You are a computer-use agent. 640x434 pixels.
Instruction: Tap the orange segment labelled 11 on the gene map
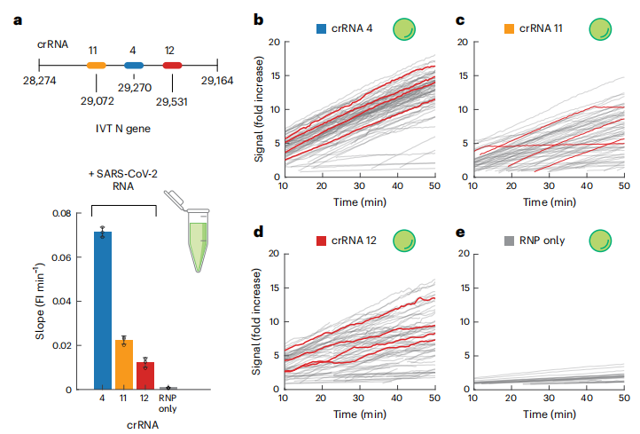(x=96, y=65)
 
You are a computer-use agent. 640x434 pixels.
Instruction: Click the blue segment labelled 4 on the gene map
(x=134, y=65)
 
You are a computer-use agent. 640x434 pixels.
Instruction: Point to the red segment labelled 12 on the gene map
(x=173, y=65)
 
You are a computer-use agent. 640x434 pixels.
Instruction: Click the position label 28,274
(x=40, y=81)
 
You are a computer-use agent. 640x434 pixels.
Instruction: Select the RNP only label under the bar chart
(x=168, y=406)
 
